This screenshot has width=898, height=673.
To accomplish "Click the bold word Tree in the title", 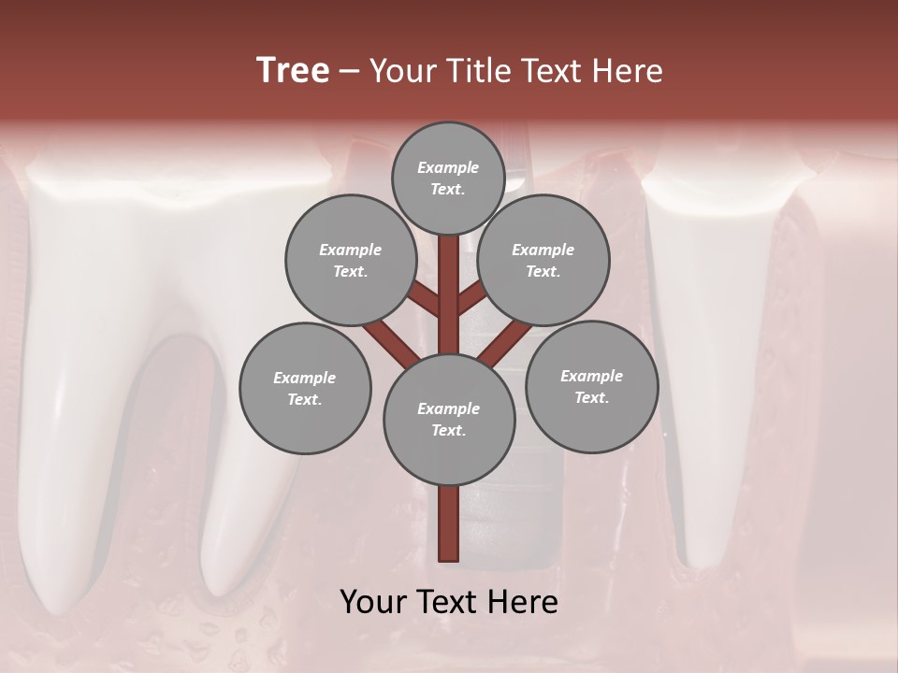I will [x=293, y=71].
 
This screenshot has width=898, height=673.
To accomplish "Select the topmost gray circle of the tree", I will [x=448, y=178].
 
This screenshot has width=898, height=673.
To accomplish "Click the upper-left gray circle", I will [x=350, y=260].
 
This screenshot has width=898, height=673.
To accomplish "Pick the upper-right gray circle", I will [x=543, y=260].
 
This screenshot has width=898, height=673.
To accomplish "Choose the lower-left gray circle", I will [x=305, y=388].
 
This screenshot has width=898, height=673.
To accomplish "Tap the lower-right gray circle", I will [x=591, y=386].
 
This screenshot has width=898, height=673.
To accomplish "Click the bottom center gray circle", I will [x=449, y=420].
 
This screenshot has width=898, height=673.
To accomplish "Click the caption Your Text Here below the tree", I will [x=449, y=602].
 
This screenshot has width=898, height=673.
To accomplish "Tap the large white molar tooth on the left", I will [x=122, y=374].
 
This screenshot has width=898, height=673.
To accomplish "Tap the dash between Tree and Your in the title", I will [x=349, y=71].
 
